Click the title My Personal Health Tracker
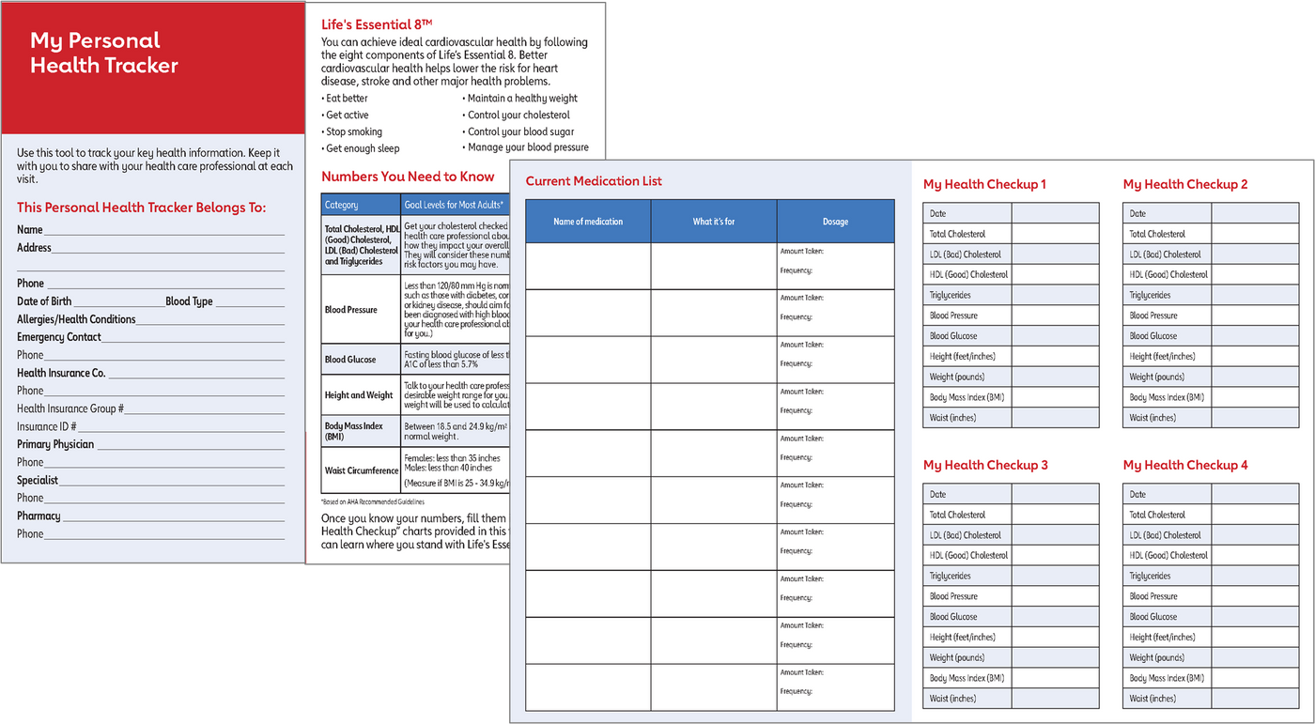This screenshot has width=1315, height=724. (x=104, y=53)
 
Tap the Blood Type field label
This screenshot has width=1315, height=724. (x=189, y=301)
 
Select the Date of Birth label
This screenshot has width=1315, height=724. (x=44, y=301)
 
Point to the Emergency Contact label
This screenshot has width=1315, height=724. (x=59, y=337)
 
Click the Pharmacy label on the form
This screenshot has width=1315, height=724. (x=39, y=516)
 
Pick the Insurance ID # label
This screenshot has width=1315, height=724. (x=47, y=426)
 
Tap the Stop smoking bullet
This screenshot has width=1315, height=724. (x=353, y=131)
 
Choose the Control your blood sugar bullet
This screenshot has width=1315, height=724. (x=520, y=131)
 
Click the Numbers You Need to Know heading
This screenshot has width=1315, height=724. (x=408, y=177)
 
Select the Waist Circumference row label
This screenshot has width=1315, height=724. (x=362, y=470)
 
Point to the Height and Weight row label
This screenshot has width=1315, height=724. (x=359, y=395)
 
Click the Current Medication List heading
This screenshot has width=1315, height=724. (x=594, y=181)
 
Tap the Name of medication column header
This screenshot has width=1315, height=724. (x=588, y=222)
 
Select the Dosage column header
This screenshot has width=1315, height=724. (x=835, y=222)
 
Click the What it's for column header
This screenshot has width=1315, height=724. (x=714, y=222)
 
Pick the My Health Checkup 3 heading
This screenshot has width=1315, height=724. (x=985, y=465)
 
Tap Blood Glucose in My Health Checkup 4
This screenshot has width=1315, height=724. (x=1153, y=617)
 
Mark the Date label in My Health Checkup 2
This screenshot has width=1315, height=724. (x=1137, y=213)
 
